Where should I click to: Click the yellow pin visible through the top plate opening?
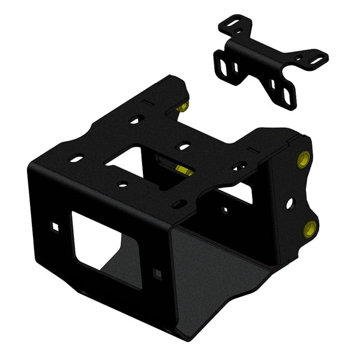point(184,170)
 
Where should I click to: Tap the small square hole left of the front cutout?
point(55,227)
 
